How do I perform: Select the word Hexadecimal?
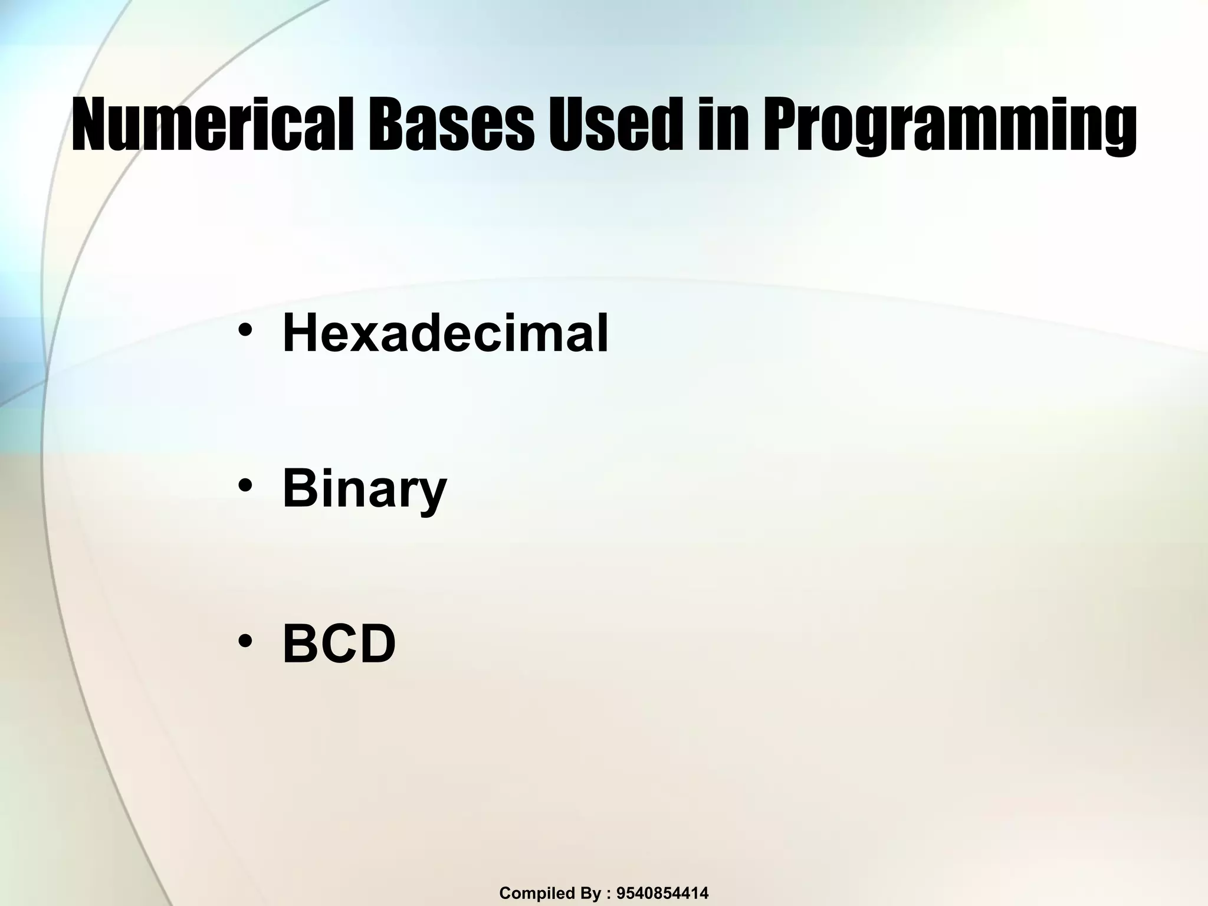coord(445,333)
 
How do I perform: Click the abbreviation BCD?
coord(339,645)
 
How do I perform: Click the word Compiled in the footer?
coord(531,894)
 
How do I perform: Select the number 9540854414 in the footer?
coord(662,893)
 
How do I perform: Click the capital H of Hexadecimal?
coord(300,333)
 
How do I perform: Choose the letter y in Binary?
coord(433,494)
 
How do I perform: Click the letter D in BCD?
coord(377,645)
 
